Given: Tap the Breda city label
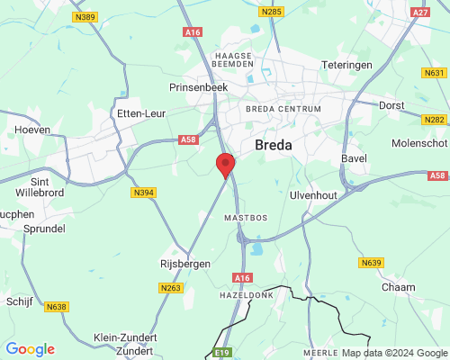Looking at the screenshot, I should (x=278, y=144).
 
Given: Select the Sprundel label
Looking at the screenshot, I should (x=39, y=229).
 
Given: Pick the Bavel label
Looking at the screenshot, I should (x=355, y=158).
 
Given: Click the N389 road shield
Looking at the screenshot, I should (x=85, y=17).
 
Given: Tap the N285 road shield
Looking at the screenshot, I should (x=270, y=12).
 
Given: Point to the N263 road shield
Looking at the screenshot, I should (x=170, y=288).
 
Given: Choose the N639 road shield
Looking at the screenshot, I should (x=371, y=263).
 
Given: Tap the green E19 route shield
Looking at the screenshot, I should (x=222, y=352).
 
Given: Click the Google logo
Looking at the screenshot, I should (x=30, y=349).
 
